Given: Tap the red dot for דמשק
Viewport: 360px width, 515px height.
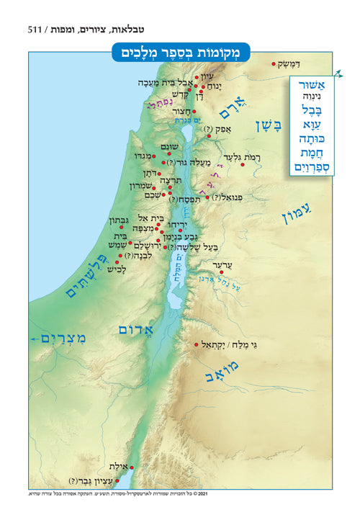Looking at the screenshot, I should tap(274, 64).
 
